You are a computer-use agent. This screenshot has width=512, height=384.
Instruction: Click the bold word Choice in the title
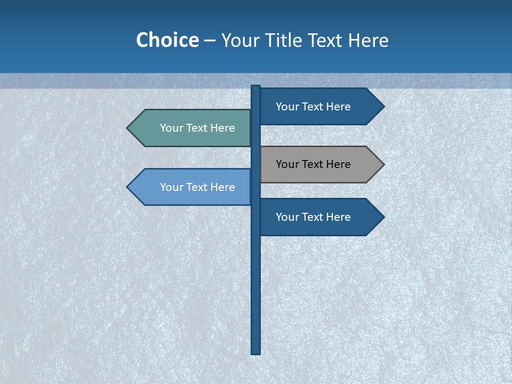pyautogui.click(x=167, y=40)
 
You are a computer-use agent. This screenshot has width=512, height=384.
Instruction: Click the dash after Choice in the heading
pyautogui.click(x=210, y=41)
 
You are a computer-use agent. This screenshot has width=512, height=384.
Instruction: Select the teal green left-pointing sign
pyautogui.click(x=192, y=128)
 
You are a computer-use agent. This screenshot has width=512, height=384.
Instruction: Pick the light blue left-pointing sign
pyautogui.click(x=192, y=187)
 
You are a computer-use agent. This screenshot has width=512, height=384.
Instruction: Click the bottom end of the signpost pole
pyautogui.click(x=256, y=351)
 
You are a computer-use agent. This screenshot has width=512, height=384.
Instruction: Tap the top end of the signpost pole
pyautogui.click(x=256, y=87)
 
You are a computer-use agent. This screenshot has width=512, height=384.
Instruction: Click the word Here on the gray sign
pyautogui.click(x=338, y=164)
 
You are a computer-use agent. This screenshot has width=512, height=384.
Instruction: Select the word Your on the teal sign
pyautogui.click(x=171, y=128)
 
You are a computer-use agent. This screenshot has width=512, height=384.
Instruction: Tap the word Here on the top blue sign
pyautogui.click(x=338, y=107)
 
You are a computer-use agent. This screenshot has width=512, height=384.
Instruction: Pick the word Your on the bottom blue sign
pyautogui.click(x=287, y=217)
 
